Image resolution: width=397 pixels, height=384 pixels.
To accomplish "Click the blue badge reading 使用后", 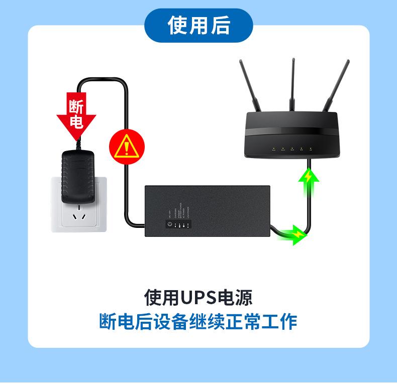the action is pyautogui.click(x=198, y=25).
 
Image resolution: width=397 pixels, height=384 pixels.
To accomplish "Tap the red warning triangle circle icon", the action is pyautogui.click(x=127, y=147).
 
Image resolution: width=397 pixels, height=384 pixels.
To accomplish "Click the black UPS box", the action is pyautogui.click(x=208, y=211).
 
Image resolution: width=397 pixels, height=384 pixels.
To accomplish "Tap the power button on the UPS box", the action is pyautogui.click(x=169, y=224).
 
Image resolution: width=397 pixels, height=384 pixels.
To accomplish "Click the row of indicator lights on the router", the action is pyautogui.click(x=292, y=149).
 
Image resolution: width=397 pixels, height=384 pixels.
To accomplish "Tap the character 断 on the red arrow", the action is pyautogui.click(x=76, y=106).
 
